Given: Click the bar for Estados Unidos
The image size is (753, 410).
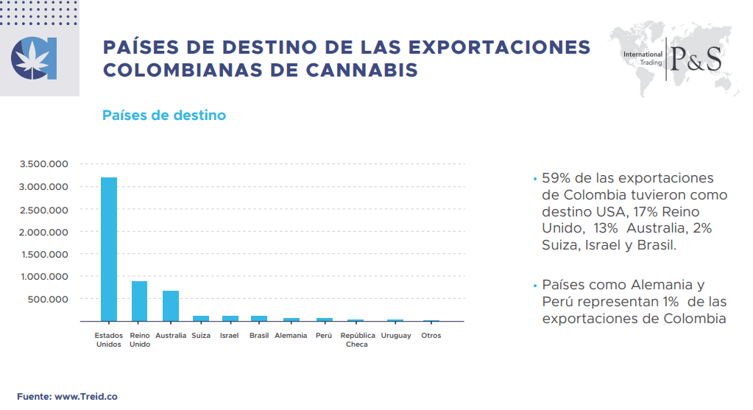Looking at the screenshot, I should point(109,249).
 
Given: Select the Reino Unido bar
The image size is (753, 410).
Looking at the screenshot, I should point(139,301).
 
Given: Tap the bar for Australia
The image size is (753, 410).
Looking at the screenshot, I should point(170,305).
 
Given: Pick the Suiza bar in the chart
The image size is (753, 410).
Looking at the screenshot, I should point(200,318).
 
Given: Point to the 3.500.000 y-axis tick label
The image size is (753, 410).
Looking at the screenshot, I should point(45,164).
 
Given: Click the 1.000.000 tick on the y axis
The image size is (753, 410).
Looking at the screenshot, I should point(45,277).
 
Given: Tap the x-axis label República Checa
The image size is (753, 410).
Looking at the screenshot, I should point(358,340).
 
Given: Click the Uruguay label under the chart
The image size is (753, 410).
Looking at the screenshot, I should point(396,336).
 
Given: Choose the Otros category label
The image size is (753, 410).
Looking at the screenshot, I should point(431,336).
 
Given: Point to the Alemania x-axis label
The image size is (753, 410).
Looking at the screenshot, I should point(291,336).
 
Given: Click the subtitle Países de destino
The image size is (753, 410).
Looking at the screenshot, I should point(164,116).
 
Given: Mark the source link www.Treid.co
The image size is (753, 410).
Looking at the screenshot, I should point(86,396).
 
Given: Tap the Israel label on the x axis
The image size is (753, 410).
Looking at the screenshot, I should point(230,336).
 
